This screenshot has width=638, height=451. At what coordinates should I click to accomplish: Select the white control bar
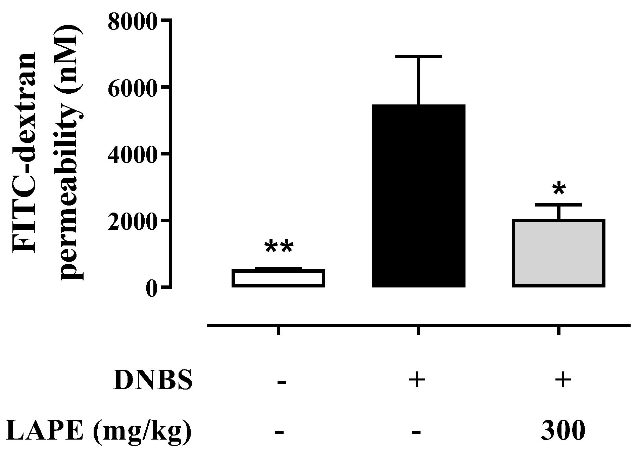click(x=278, y=278)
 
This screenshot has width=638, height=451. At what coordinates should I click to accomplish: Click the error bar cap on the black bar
click(x=419, y=56)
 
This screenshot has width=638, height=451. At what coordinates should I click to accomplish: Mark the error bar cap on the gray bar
click(x=558, y=205)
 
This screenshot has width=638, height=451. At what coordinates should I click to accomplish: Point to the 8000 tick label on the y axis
click(x=133, y=21)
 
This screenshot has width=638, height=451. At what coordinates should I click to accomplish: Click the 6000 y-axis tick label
click(x=133, y=88)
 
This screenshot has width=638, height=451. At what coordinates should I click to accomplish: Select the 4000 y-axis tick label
click(x=133, y=154)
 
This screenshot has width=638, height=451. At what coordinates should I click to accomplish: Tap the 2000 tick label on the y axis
click(x=133, y=221)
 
